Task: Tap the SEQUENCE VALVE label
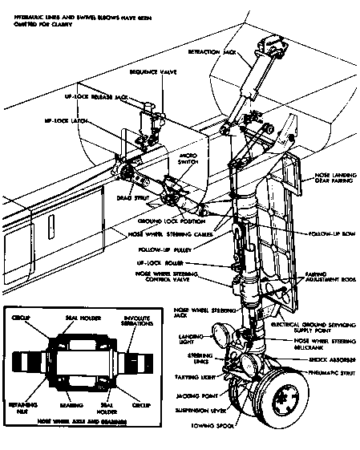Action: click(153, 72)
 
